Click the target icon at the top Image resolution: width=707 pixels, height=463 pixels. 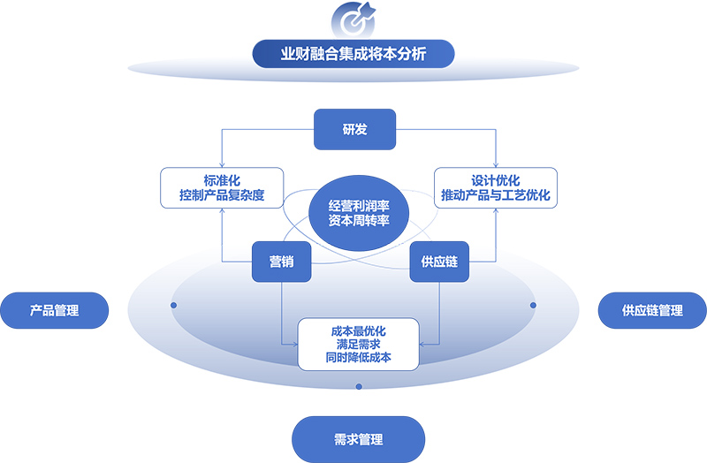point(353,19)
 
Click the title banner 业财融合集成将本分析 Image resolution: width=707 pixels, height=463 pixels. point(353,54)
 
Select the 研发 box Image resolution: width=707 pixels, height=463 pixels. point(354,130)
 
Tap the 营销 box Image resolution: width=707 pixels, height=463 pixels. point(281,262)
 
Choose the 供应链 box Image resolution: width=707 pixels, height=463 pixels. point(439,262)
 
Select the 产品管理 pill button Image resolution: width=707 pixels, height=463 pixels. point(55,311)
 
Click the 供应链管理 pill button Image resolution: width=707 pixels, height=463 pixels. point(652,311)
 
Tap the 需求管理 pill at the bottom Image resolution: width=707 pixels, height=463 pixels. point(359,439)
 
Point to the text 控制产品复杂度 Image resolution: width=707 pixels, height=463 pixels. point(222,195)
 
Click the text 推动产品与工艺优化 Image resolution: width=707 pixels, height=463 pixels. point(495,195)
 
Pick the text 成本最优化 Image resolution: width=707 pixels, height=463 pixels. point(358,330)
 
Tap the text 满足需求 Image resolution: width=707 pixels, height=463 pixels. point(358,345)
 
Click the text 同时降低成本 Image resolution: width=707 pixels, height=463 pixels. point(358,359)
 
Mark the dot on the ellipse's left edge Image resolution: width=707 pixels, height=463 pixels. point(174,305)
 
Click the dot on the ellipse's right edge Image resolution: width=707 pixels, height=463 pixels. point(533,305)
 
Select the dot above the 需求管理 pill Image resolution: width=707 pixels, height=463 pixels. point(358,386)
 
